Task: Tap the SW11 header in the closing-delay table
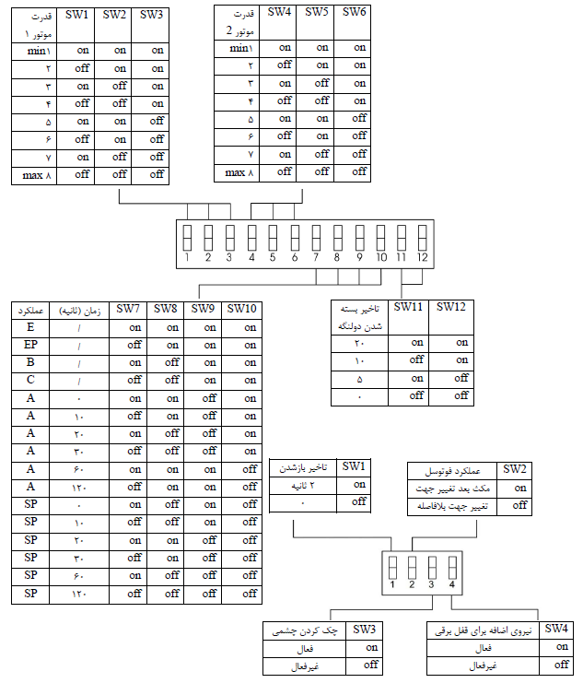407,307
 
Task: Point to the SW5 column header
315,12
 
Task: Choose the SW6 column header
352,12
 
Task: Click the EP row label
30,344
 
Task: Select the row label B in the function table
30,362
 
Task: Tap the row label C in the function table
30,380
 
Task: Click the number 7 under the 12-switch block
316,258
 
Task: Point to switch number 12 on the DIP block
421,237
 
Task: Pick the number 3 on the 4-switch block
431,583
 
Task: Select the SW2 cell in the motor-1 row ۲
120,68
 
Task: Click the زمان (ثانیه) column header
79,311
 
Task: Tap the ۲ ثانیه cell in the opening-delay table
303,484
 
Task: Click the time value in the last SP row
79,594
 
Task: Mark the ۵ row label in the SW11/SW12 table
359,378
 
